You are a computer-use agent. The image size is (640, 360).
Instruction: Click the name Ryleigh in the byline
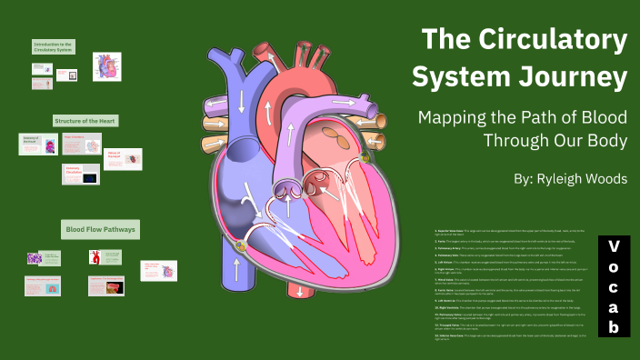click(564, 178)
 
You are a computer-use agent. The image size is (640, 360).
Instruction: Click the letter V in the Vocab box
click(614, 246)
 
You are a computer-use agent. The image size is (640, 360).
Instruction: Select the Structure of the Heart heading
click(85, 120)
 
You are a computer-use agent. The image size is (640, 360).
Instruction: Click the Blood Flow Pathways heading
click(100, 229)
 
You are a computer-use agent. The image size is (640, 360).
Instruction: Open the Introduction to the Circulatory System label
click(54, 47)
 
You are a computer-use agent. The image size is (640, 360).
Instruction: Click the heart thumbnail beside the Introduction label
click(106, 66)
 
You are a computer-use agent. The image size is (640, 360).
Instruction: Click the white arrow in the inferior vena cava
click(235, 267)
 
